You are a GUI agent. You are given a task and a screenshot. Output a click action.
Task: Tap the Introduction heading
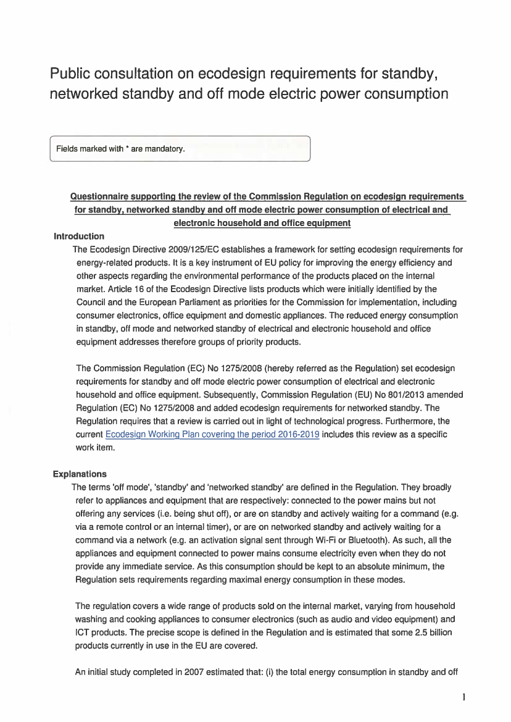pyautogui.click(x=79, y=236)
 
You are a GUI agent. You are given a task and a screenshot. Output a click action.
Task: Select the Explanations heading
pyautogui.click(x=80, y=474)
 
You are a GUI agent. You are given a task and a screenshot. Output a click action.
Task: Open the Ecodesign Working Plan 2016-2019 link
pyautogui.click(x=212, y=435)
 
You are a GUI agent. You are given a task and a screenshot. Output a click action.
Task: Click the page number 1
pyautogui.click(x=463, y=698)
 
